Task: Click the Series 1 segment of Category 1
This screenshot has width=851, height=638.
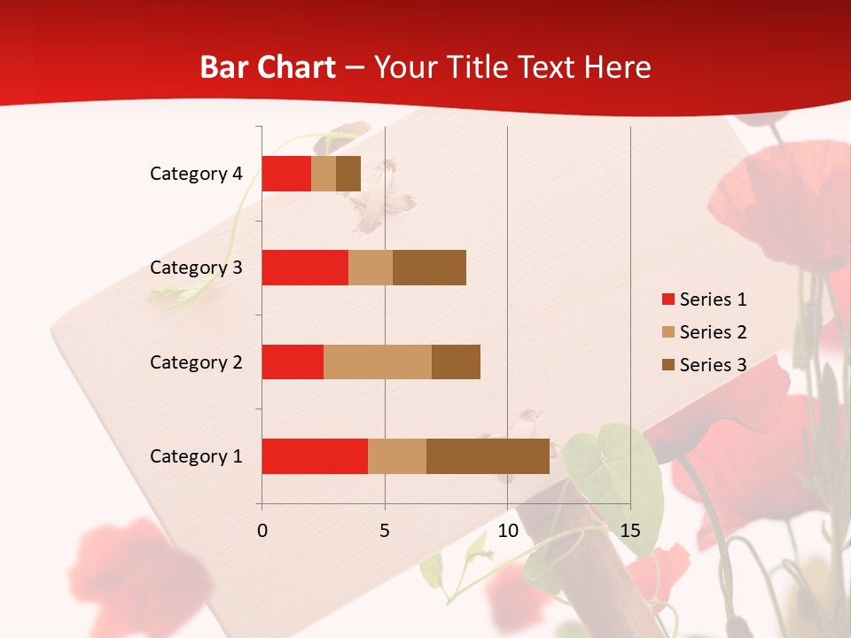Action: [x=315, y=456]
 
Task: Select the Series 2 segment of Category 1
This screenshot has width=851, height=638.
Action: [x=397, y=456]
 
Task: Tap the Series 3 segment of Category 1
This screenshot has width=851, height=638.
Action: [x=488, y=456]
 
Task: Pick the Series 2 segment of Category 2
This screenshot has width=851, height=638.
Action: [x=378, y=362]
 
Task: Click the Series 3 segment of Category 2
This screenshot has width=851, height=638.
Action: [x=456, y=362]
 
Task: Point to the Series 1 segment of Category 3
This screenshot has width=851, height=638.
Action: [x=305, y=268]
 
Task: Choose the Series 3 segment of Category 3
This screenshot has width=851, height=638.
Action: [x=429, y=268]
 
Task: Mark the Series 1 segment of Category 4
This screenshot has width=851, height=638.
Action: [x=286, y=174]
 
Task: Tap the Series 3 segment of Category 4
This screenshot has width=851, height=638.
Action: [x=348, y=174]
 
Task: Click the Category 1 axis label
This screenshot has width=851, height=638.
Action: [x=196, y=456]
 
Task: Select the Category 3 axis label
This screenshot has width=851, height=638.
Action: [x=196, y=268]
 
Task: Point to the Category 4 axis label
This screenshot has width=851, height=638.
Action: [x=196, y=174]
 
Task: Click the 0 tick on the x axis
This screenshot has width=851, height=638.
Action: [x=262, y=531]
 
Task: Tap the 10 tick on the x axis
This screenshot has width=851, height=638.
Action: [x=507, y=531]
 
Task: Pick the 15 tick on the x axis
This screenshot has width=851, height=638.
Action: [x=630, y=531]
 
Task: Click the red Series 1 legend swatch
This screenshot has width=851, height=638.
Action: [x=668, y=300]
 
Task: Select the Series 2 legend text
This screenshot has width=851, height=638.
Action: [x=713, y=332]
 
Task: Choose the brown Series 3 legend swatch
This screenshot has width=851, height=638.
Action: [x=668, y=365]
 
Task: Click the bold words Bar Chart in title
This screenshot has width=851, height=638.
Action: [x=268, y=67]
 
